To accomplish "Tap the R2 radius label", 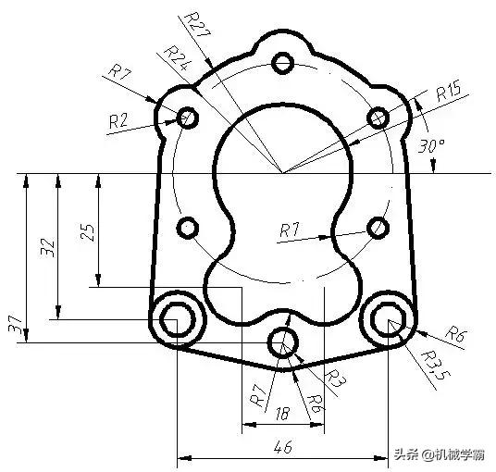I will [x=118, y=119].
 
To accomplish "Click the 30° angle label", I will [x=432, y=145].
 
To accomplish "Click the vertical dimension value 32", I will [x=50, y=246].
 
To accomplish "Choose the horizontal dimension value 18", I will [x=282, y=416].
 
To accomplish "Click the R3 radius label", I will [x=337, y=377].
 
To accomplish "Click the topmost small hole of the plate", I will [x=284, y=62].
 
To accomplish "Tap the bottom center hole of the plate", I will [x=283, y=343].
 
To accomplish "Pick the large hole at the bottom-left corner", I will [x=174, y=319].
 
